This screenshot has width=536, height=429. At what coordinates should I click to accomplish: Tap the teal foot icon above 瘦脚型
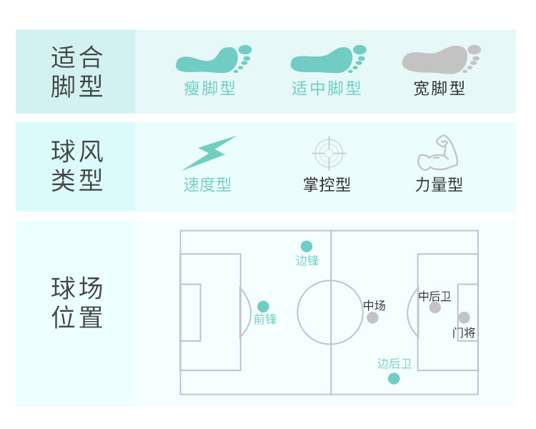212,59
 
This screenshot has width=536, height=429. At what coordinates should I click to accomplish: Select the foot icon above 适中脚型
327,59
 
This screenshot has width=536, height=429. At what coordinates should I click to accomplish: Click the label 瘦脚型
209,89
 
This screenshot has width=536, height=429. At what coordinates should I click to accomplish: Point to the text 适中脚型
326,89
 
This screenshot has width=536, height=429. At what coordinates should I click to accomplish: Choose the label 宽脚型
439,89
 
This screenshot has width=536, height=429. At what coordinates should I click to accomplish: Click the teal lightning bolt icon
208,153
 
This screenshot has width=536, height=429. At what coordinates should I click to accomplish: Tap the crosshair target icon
329,152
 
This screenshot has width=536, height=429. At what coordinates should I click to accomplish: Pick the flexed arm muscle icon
437,152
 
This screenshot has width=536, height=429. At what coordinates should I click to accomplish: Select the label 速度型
207,184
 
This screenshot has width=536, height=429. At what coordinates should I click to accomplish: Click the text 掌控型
327,184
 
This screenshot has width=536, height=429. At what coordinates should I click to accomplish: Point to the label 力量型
439,184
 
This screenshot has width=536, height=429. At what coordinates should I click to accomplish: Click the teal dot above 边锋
307,246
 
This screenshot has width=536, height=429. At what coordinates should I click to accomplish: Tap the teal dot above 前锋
263,306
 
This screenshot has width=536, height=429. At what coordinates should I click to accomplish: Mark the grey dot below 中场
372,317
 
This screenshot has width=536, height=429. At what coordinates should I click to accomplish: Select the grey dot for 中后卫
435,307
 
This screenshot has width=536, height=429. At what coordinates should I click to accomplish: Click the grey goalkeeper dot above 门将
464,317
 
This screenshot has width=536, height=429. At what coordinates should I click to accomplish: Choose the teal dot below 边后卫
394,378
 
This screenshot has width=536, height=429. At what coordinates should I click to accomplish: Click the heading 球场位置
76,303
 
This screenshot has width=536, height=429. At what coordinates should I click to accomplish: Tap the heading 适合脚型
76,71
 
